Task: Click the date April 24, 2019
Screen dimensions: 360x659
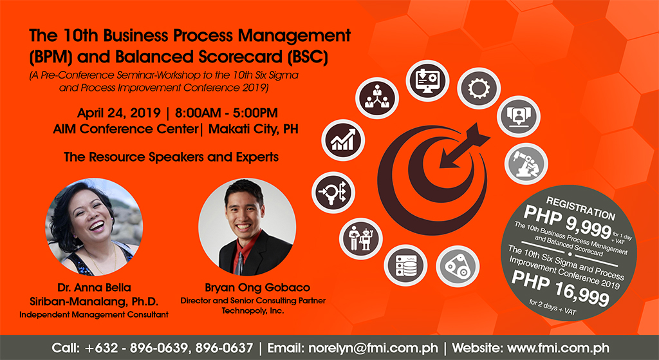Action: pos(118,113)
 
